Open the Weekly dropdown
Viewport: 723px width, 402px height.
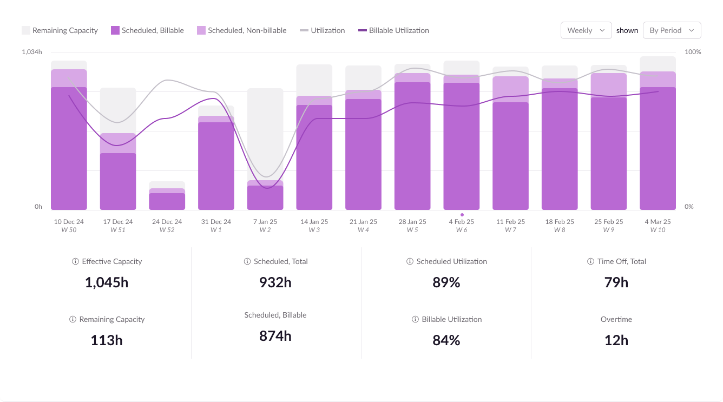pyautogui.click(x=586, y=30)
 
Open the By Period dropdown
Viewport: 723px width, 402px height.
pyautogui.click(x=672, y=30)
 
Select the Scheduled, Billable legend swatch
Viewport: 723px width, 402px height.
pyautogui.click(x=115, y=30)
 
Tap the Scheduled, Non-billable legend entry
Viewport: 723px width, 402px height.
pyautogui.click(x=241, y=30)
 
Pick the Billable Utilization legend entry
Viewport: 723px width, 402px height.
pyautogui.click(x=393, y=30)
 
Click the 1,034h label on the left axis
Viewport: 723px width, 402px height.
pyautogui.click(x=31, y=52)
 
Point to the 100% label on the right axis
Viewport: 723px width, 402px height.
pyautogui.click(x=693, y=52)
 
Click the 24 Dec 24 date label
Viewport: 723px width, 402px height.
pyautogui.click(x=167, y=222)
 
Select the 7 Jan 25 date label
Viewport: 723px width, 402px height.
pyautogui.click(x=265, y=222)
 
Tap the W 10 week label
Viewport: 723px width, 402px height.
pyautogui.click(x=658, y=230)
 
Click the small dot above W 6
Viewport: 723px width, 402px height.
pyautogui.click(x=462, y=215)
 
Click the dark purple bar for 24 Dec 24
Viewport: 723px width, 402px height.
pyautogui.click(x=167, y=201)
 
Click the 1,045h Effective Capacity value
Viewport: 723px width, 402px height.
pyautogui.click(x=107, y=282)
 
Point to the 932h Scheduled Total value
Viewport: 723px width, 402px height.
pyautogui.click(x=275, y=282)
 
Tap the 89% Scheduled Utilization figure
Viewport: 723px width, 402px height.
pyautogui.click(x=446, y=282)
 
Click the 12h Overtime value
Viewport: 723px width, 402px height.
pyautogui.click(x=616, y=340)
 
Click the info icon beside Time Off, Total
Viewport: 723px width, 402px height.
pyautogui.click(x=590, y=261)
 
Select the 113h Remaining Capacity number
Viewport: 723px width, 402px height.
pyautogui.click(x=107, y=340)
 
